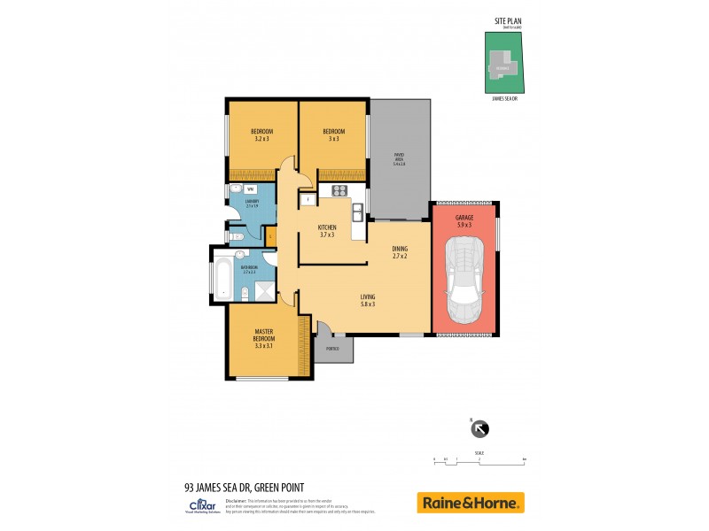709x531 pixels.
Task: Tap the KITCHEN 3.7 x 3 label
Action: [x=327, y=231]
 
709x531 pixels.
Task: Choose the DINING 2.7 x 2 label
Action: [x=400, y=252]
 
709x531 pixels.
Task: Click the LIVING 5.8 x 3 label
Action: [x=367, y=300]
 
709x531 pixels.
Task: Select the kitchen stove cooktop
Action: [x=339, y=190]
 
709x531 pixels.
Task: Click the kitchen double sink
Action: [x=356, y=212]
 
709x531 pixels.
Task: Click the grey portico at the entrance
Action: [x=334, y=349]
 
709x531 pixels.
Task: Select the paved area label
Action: [x=399, y=160]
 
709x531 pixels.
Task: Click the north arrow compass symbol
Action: [x=479, y=429]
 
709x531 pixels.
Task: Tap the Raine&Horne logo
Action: [x=471, y=503]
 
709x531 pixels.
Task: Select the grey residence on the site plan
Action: [x=503, y=66]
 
